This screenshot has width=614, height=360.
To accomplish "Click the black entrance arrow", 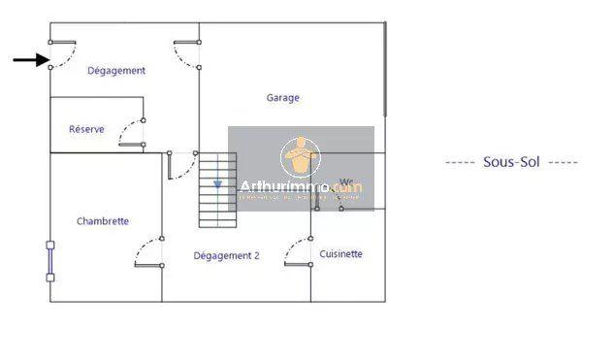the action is click(x=31, y=60).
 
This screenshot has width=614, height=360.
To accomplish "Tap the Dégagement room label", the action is click(x=116, y=71).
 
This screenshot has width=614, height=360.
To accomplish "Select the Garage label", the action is click(x=283, y=98).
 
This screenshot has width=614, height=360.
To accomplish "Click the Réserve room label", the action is click(x=86, y=129).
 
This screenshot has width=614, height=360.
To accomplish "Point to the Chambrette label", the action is click(x=103, y=221).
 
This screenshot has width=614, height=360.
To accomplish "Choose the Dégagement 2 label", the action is click(x=226, y=255).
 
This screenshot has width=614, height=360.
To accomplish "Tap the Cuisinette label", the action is click(x=340, y=254).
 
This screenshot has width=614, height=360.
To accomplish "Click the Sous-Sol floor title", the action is click(x=511, y=162).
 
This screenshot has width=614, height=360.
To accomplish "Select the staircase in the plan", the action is click(x=217, y=189).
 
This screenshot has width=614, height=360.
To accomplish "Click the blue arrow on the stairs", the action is click(x=218, y=182).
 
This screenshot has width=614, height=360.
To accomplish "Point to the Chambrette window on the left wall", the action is click(x=50, y=260).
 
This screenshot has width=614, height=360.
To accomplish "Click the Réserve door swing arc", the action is click(x=130, y=134).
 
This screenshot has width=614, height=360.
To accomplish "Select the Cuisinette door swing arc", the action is click(x=297, y=251).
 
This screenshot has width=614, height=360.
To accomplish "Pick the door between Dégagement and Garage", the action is click(x=187, y=55).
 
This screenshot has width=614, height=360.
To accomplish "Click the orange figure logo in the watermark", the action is click(x=300, y=155).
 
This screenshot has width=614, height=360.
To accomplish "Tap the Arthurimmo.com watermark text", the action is click(x=300, y=187).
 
